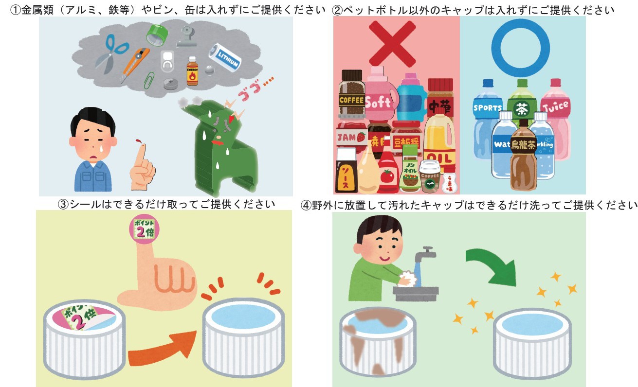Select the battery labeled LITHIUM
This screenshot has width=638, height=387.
pyautogui.click(x=225, y=57)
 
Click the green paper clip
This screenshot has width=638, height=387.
pyautogui.click(x=149, y=80)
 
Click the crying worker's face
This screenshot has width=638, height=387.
pyautogui.click(x=92, y=138)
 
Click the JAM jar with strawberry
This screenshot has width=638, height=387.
pyautogui.click(x=349, y=136)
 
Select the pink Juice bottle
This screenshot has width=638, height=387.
pyautogui.click(x=555, y=112)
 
